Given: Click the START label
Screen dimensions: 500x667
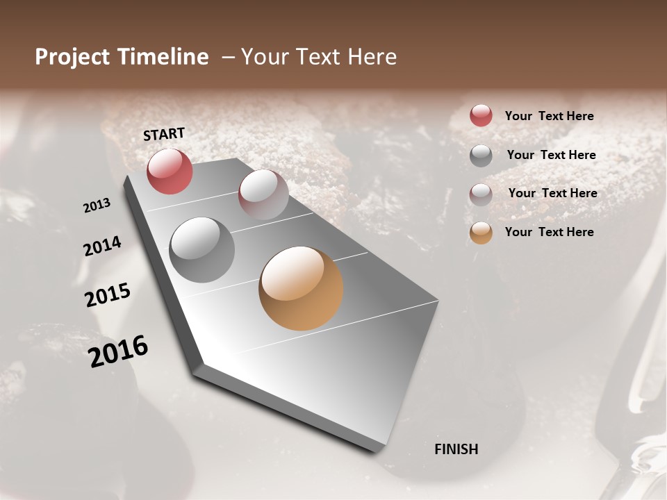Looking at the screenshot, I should [x=164, y=134].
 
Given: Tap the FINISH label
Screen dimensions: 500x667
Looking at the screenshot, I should [x=456, y=449].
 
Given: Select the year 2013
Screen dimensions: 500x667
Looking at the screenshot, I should [x=97, y=206].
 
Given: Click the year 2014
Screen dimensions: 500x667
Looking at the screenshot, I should [x=103, y=246].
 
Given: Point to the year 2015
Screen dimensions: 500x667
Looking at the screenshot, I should [x=108, y=295].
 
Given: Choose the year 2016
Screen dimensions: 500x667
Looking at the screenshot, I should [x=119, y=351].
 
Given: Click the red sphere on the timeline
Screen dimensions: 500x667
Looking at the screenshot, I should [x=170, y=171].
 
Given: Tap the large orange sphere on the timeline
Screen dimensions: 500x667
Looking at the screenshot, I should [x=301, y=288].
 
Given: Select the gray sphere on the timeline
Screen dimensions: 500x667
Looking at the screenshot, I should [x=201, y=249].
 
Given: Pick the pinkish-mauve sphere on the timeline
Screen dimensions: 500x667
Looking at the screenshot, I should [x=263, y=194].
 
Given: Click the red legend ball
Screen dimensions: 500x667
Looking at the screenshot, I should [x=481, y=115].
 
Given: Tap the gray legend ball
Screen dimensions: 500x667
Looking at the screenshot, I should [x=481, y=156].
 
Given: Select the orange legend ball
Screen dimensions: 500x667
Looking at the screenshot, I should [x=481, y=233].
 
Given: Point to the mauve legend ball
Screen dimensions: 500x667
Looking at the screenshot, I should [x=481, y=194].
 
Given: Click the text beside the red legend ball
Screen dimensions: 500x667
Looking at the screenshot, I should [x=549, y=116].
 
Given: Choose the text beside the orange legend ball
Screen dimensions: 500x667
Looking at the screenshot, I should [x=549, y=232].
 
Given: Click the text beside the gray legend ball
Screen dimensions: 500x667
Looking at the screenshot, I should [x=551, y=155].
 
